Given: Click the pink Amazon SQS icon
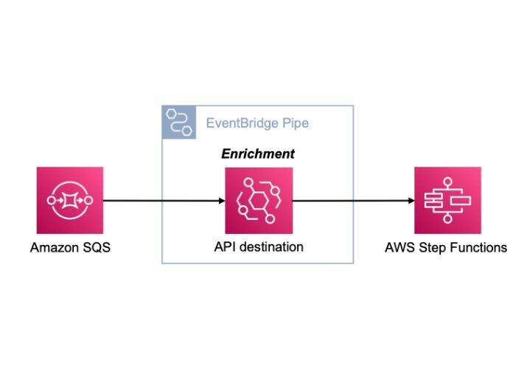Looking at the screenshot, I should tap(69, 200).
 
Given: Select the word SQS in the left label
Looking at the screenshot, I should tap(97, 248).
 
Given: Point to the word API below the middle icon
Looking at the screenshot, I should tap(223, 247).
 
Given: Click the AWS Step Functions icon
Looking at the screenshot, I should tap(447, 200).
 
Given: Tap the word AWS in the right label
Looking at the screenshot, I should tap(399, 248).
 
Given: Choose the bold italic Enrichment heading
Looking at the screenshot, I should tap(258, 154).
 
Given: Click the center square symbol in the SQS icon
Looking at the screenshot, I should tap(69, 200).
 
